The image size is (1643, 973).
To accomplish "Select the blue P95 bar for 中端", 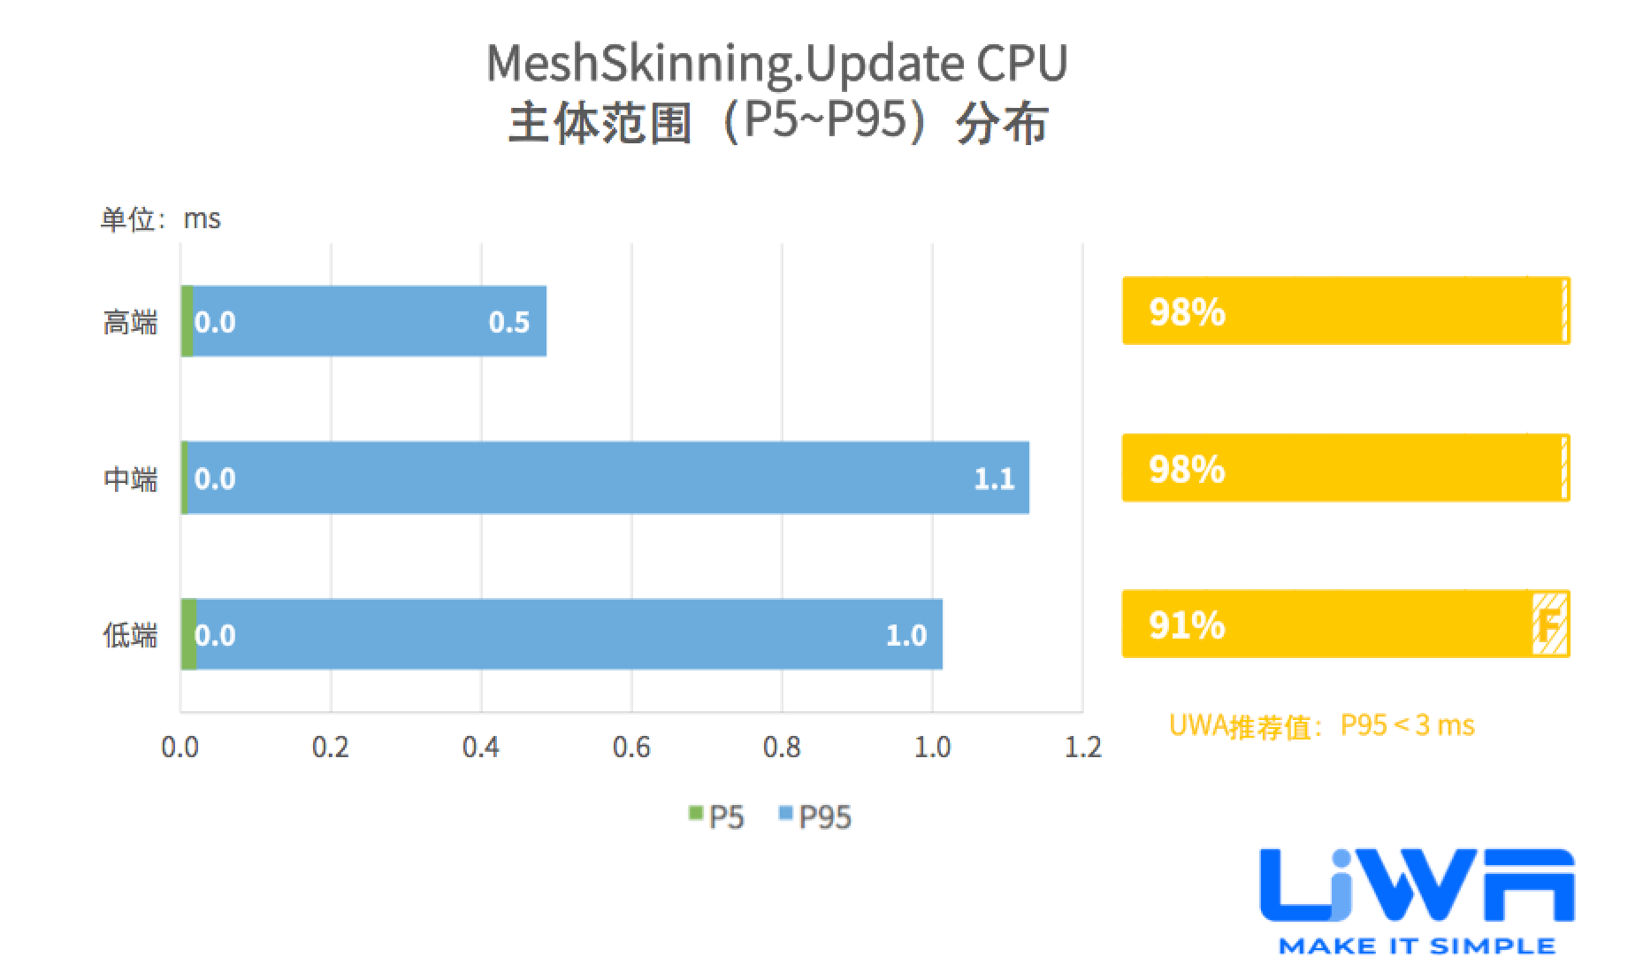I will click(601, 478).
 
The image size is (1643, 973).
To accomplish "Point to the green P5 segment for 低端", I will click(188, 634).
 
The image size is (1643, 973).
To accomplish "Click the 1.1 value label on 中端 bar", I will click(994, 479).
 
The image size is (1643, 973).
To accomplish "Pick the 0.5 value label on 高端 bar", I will click(509, 322).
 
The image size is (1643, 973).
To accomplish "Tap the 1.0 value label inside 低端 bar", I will click(906, 635).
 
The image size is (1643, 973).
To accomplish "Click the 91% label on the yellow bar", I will click(1187, 625).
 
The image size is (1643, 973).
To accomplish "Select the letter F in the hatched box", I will click(1548, 625).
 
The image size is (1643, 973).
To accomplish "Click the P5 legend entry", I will click(717, 816).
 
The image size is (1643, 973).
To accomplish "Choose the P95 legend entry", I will click(815, 816).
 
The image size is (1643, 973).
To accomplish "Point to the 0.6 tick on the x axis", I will click(631, 747).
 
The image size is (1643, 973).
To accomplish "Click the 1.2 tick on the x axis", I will click(1082, 747).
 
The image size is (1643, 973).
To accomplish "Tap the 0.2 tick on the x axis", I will click(331, 747).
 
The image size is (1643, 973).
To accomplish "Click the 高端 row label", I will click(130, 322).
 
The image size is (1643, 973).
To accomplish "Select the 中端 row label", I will click(130, 479).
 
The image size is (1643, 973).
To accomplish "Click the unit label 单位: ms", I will click(160, 218).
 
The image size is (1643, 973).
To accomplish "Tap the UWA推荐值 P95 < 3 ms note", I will click(1321, 725).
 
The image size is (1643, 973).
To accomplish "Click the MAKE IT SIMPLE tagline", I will click(1417, 946).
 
